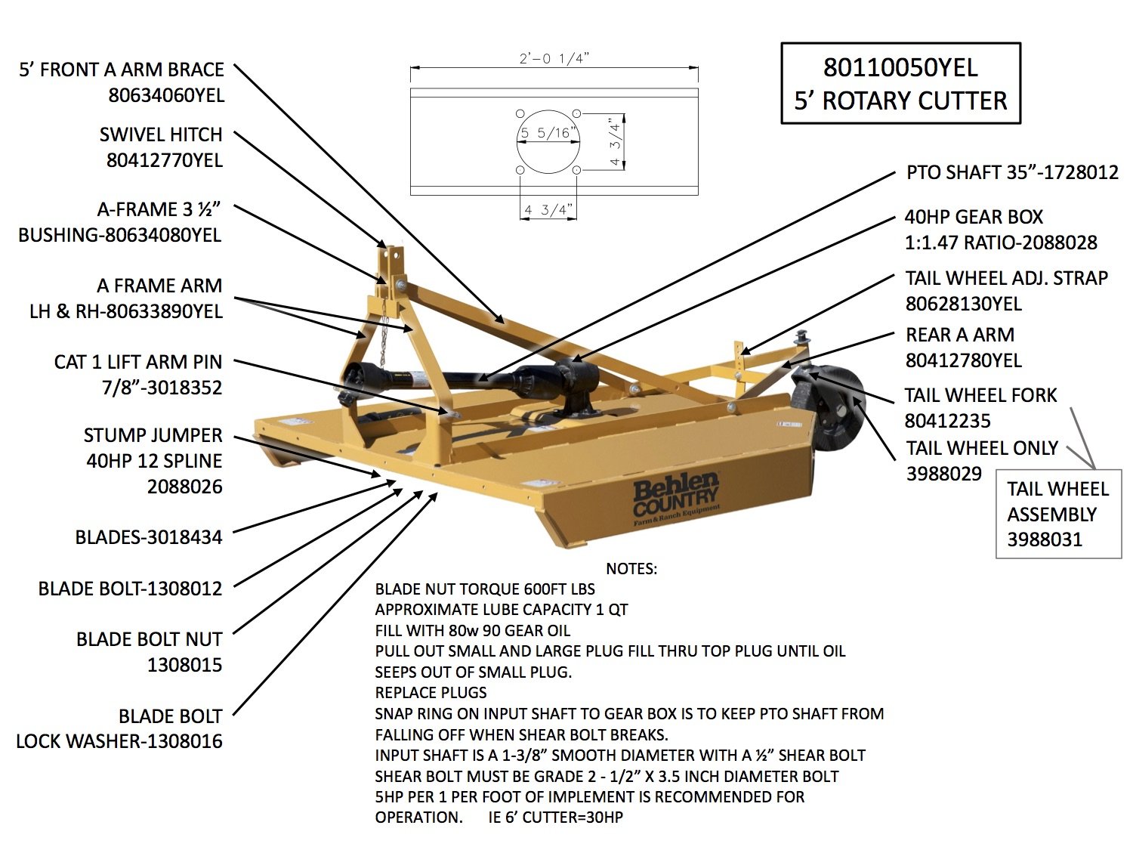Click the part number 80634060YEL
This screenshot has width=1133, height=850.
pos(166,95)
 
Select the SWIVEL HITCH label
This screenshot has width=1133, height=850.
pos(161,134)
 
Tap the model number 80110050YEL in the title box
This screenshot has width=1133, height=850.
pos(900,68)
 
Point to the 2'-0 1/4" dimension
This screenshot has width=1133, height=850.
pos(554,59)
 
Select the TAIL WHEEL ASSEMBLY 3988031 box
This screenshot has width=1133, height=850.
pos(1058,514)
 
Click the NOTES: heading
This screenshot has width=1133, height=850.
pos(631,568)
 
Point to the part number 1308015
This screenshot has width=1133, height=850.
pos(185,665)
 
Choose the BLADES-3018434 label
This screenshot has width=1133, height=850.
pos(149,537)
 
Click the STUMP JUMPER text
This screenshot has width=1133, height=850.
pos(153,435)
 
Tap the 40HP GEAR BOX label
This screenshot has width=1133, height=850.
pos(974,218)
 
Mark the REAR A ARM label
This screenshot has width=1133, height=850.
pos(960,335)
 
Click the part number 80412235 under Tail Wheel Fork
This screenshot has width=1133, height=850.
pos(948,421)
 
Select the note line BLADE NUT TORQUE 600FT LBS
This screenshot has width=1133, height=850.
pos(485,589)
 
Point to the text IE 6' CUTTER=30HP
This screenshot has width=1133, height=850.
pos(556,818)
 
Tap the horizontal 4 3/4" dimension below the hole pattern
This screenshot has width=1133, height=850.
pos(548,210)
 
